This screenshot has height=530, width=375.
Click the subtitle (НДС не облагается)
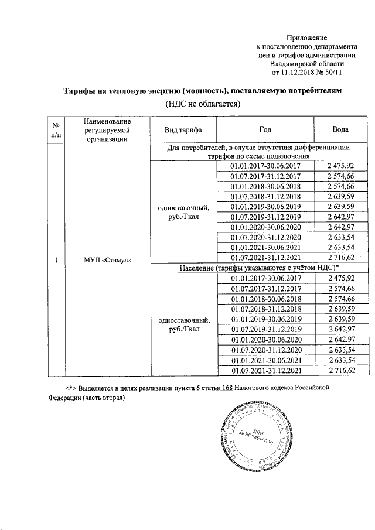point(202,104)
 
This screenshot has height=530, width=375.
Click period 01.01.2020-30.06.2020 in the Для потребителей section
point(265,227)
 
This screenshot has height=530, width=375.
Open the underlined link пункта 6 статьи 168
point(199,388)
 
